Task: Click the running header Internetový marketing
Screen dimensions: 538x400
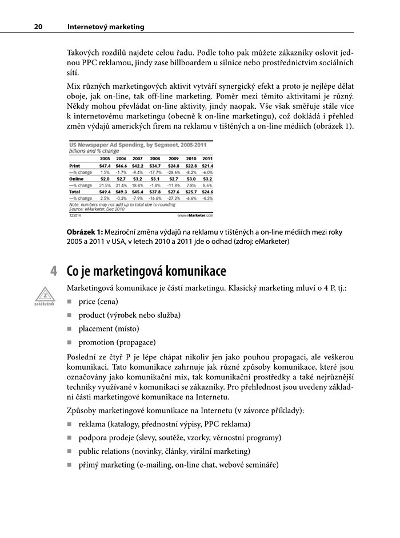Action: (x=106, y=27)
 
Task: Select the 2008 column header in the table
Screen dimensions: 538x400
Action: (x=154, y=158)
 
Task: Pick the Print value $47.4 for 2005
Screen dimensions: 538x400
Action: (x=105, y=165)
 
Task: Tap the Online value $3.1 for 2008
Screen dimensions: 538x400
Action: (x=154, y=179)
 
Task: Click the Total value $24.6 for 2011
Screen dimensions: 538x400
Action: (x=207, y=192)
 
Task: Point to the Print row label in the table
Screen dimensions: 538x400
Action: (x=74, y=165)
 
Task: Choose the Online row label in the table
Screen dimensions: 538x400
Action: (x=77, y=179)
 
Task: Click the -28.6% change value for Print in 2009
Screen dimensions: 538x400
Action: (x=173, y=172)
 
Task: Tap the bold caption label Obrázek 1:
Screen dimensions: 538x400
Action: (x=86, y=232)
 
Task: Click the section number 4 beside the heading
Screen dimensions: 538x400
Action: (x=54, y=271)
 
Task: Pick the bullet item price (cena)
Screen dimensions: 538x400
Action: (x=99, y=301)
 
